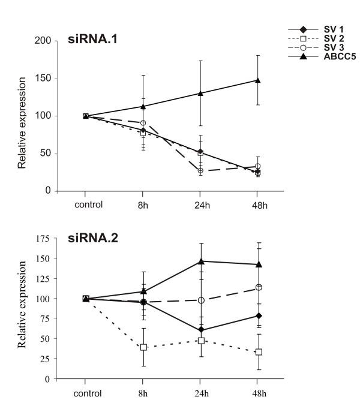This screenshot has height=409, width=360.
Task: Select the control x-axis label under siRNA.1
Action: tap(86, 204)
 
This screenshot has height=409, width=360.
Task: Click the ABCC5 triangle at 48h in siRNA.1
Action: tap(258, 80)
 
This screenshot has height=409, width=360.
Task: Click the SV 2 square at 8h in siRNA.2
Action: tap(143, 347)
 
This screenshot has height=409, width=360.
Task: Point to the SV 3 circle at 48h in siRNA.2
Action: tap(258, 287)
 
